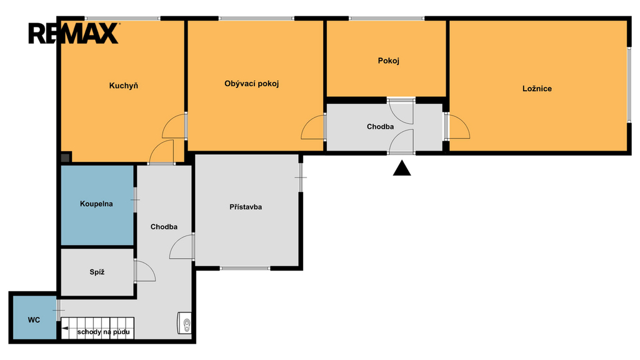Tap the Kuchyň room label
(124, 86)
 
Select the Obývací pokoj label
(251, 84)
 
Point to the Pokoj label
(388, 61)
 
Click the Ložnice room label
(537, 89)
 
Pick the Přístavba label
(246, 207)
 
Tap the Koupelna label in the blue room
(96, 204)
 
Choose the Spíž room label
(97, 272)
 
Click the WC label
(34, 320)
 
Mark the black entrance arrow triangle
(402, 168)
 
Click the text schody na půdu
(104, 332)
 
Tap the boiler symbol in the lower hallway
(184, 323)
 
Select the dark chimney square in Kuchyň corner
(66, 157)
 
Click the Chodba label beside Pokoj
(380, 127)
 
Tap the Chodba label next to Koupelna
(164, 227)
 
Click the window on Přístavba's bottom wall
(245, 268)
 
